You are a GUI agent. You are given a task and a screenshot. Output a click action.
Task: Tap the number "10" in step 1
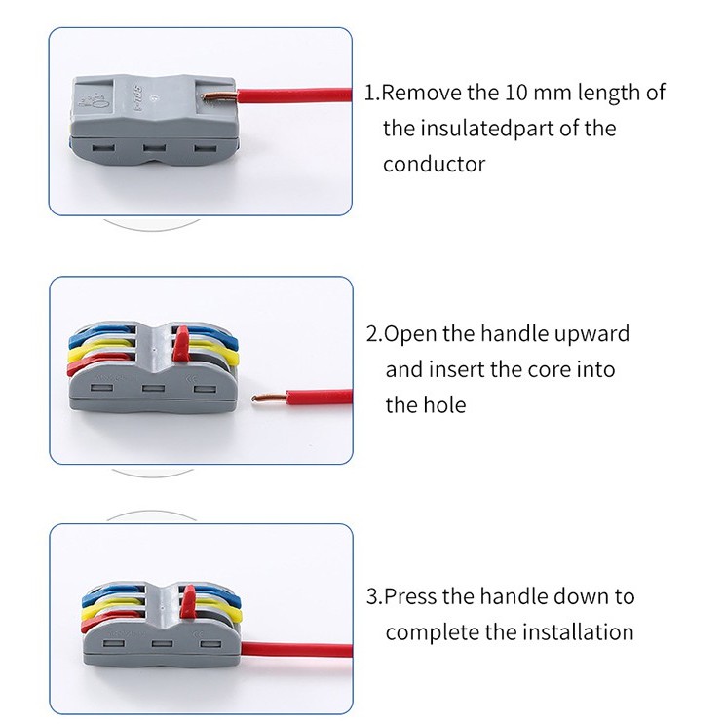pos(516,93)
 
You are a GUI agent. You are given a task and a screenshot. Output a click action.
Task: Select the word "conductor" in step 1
pos(434,165)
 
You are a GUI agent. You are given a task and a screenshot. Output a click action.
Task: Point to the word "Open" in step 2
pos(410,334)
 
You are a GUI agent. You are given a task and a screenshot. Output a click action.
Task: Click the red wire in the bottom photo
pos(296,650)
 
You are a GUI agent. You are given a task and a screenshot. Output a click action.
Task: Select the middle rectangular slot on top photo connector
pos(154,148)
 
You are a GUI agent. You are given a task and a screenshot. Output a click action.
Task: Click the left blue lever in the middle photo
pos(102,334)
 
